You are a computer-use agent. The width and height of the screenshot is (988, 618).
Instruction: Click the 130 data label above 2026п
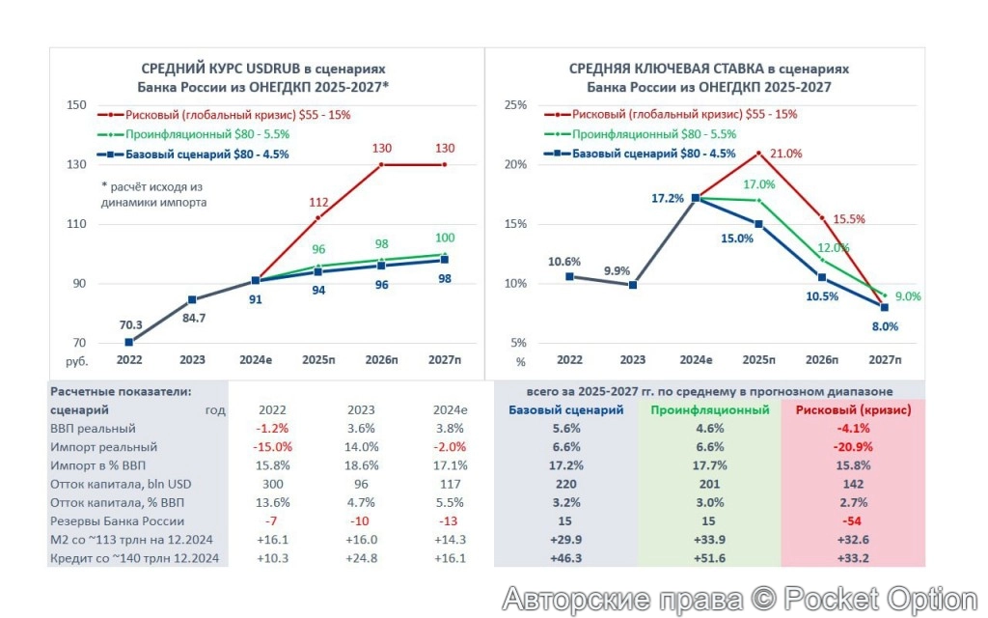click(x=383, y=148)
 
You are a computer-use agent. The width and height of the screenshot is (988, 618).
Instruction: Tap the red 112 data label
click(x=318, y=202)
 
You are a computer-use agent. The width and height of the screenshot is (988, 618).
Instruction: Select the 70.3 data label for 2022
click(x=128, y=325)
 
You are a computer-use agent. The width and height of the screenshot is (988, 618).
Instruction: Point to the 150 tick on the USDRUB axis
click(x=76, y=105)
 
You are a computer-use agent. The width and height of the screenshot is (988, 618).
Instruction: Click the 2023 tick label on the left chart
click(x=191, y=360)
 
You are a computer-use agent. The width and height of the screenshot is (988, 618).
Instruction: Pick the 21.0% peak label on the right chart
click(x=783, y=154)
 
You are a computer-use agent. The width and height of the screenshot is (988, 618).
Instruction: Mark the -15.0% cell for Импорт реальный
click(x=268, y=447)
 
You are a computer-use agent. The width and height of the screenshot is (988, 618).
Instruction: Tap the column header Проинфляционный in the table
click(x=709, y=409)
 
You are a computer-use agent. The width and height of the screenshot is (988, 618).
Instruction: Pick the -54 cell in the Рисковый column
click(x=852, y=521)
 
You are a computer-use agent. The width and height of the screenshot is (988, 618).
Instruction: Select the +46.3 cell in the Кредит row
click(x=565, y=558)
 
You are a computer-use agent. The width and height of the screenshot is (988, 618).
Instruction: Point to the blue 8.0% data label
click(x=884, y=326)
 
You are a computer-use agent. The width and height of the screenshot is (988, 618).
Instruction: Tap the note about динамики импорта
click(x=153, y=194)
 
